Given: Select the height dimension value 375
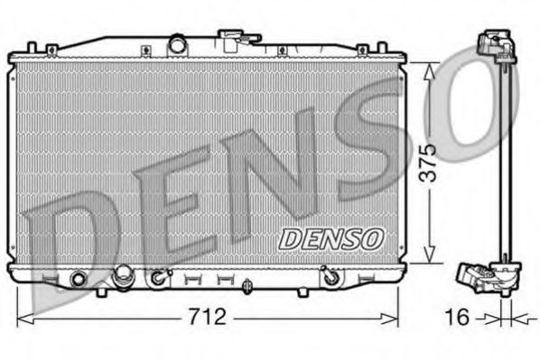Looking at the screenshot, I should pyautogui.click(x=433, y=162).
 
